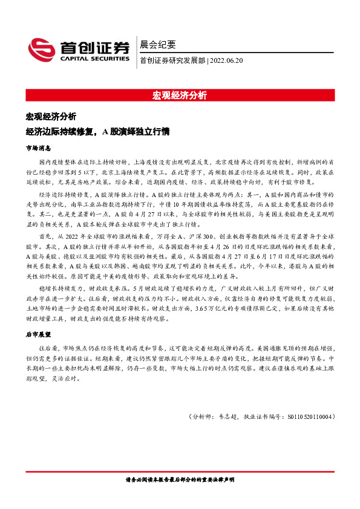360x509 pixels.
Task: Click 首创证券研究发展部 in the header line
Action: [172, 60]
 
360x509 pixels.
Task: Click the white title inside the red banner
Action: [180, 95]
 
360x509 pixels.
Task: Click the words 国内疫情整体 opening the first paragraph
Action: [56, 163]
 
